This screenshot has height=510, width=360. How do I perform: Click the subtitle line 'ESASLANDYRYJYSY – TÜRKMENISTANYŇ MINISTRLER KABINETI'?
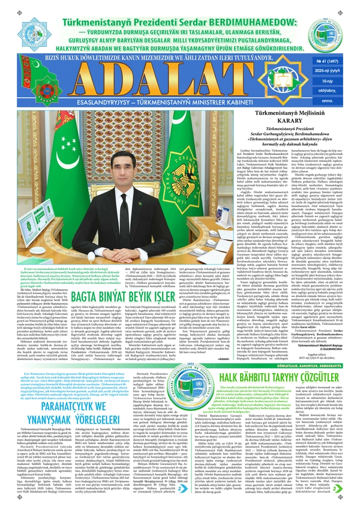pos(180,100)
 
